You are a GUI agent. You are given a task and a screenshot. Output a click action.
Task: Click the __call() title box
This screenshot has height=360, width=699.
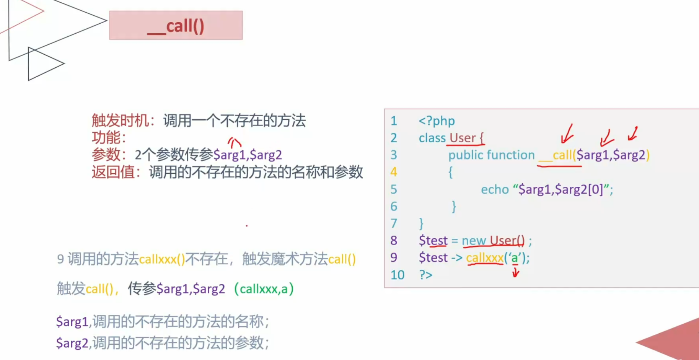[176, 25]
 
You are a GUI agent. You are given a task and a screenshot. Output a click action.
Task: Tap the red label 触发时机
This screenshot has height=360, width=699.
[120, 121]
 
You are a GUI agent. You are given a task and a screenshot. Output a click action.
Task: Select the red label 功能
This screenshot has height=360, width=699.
[106, 137]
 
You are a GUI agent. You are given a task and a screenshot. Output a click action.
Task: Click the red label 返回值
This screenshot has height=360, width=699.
[113, 172]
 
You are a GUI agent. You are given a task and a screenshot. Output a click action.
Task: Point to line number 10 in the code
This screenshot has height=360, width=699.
[397, 275]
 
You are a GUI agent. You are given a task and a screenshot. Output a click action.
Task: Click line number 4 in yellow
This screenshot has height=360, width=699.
[394, 172]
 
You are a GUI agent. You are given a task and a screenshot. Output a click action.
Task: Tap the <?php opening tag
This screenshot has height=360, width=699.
[437, 121]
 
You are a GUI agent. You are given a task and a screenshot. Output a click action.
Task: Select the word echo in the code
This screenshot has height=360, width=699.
[495, 189]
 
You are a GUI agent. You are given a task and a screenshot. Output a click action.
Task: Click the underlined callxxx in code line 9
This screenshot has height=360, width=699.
[484, 258]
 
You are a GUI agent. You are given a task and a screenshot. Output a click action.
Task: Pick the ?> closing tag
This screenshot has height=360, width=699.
[425, 275]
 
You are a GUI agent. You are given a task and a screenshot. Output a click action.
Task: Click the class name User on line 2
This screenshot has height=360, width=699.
[462, 138]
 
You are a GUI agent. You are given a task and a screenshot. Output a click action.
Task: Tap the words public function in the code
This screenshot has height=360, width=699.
[491, 155]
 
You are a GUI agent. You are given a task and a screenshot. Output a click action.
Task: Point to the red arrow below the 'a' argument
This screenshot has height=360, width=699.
[515, 272]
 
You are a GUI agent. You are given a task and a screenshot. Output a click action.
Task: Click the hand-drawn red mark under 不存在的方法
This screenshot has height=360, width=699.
[235, 142]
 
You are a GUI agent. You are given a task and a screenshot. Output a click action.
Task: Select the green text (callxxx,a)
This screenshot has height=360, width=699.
[264, 288]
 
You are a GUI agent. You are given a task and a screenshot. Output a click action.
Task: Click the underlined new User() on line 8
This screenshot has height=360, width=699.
[493, 241]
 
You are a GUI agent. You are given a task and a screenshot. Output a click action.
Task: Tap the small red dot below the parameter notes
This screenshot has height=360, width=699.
[247, 226]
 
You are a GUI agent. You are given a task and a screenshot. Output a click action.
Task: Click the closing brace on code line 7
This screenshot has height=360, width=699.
[421, 223]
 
